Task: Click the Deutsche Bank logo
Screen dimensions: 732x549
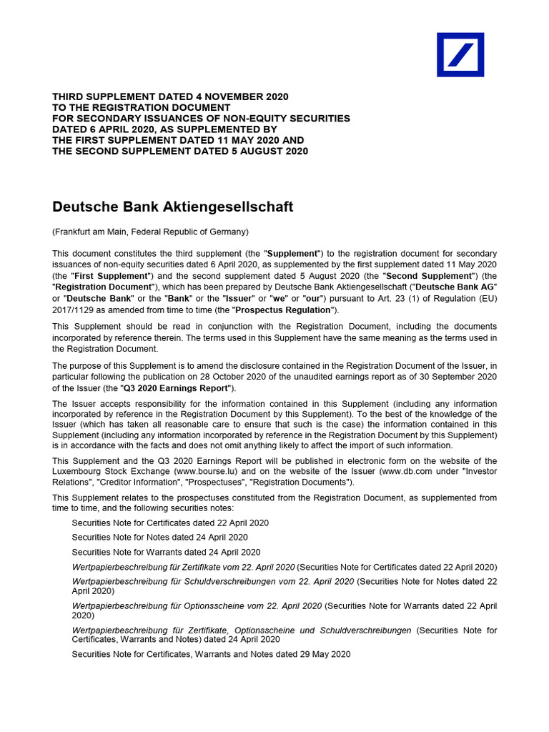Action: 460,54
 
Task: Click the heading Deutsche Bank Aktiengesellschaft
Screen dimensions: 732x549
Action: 173,207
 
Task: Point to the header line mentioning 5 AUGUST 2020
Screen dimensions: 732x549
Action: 180,151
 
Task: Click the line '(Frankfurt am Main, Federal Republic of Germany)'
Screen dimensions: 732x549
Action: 151,232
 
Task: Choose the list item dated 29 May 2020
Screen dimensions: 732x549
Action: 211,654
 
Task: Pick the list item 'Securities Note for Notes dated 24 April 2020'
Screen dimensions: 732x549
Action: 159,537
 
